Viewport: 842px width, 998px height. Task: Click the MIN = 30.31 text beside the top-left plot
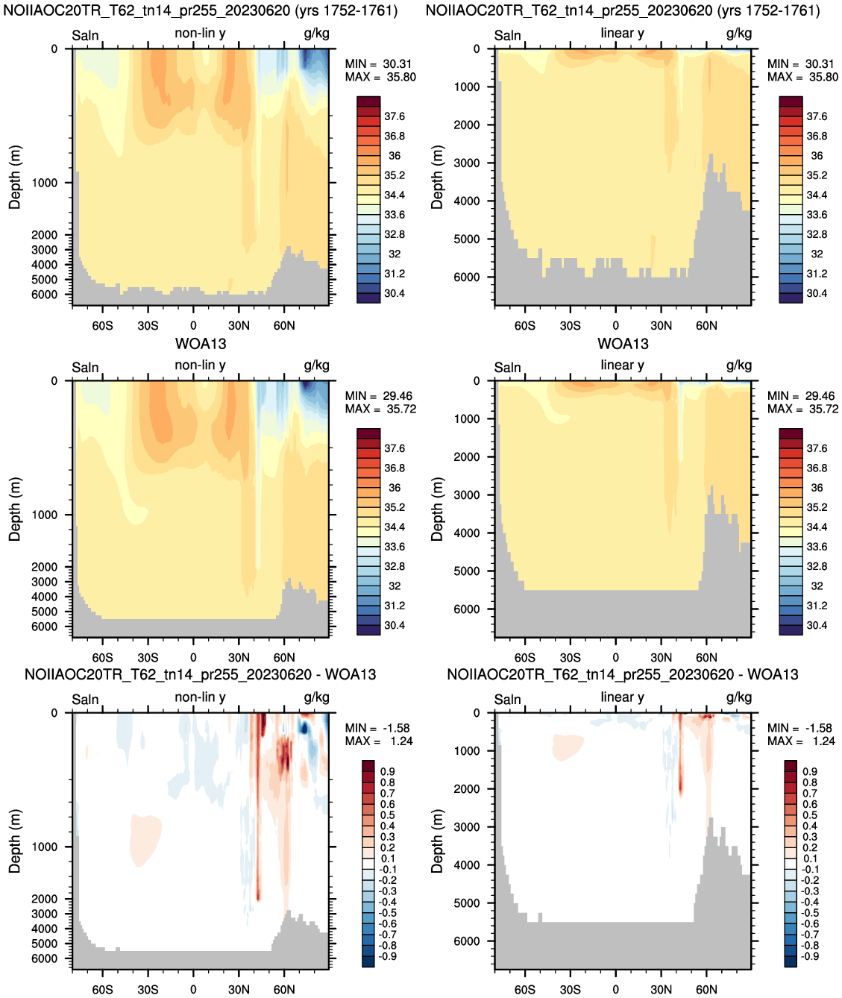pyautogui.click(x=378, y=63)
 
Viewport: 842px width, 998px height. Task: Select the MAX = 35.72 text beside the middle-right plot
pyautogui.click(x=802, y=409)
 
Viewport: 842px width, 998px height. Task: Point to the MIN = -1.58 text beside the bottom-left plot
pyautogui.click(x=377, y=728)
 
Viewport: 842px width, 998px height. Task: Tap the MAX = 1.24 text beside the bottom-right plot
pyautogui.click(x=802, y=741)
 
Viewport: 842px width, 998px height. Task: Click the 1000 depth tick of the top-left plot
pyautogui.click(x=45, y=183)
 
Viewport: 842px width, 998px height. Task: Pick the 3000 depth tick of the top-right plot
pyautogui.click(x=467, y=163)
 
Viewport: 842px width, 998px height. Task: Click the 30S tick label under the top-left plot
pyautogui.click(x=148, y=325)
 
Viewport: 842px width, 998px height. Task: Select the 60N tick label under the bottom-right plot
pyautogui.click(x=706, y=989)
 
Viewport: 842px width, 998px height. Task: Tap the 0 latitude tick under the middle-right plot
pyautogui.click(x=615, y=658)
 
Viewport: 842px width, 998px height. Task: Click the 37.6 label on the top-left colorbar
pyautogui.click(x=395, y=116)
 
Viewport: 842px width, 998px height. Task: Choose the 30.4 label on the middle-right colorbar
pyautogui.click(x=817, y=625)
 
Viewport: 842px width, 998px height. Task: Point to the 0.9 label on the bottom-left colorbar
pyautogui.click(x=388, y=771)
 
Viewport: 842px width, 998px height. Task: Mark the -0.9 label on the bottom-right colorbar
pyautogui.click(x=810, y=956)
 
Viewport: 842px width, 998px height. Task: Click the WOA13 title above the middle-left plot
pyautogui.click(x=201, y=344)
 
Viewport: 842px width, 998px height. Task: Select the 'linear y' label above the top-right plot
pyautogui.click(x=622, y=33)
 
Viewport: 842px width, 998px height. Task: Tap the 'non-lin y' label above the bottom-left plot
pyautogui.click(x=200, y=697)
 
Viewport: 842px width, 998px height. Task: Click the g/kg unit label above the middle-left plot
pyautogui.click(x=316, y=365)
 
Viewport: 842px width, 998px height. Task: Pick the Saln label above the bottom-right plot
pyautogui.click(x=507, y=700)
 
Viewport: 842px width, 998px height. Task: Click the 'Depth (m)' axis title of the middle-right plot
pyautogui.click(x=437, y=509)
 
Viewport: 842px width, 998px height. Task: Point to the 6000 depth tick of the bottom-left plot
pyautogui.click(x=45, y=958)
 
